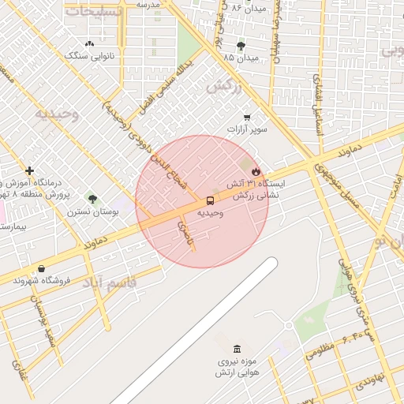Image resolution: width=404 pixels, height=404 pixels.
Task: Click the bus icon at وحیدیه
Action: point(210,200)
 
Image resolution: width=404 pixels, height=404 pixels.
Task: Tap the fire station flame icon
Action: point(256,171)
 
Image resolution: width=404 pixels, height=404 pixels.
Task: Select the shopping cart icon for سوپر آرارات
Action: point(247,117)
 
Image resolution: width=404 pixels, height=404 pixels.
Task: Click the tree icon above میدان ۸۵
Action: point(240,46)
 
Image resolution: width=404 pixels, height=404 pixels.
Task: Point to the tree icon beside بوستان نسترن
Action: point(92,199)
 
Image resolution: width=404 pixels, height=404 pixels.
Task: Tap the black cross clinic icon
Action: point(29,170)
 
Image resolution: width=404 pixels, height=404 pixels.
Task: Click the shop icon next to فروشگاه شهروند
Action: point(41,268)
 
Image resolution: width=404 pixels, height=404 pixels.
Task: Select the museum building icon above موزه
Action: point(237,349)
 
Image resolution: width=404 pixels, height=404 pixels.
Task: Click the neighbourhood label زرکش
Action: point(222,87)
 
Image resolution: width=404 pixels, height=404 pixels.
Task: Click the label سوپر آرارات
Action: point(248,129)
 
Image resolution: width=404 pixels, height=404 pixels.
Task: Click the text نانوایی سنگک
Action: point(89,55)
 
